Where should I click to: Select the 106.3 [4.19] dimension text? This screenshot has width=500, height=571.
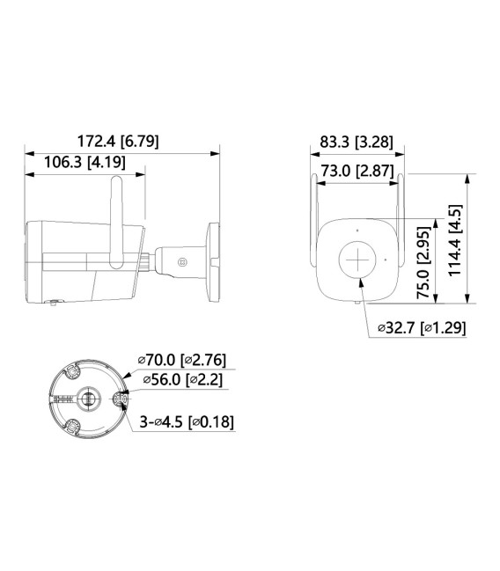click(84, 162)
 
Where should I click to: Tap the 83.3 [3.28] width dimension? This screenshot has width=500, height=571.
click(357, 141)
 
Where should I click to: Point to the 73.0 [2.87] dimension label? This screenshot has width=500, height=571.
click(357, 172)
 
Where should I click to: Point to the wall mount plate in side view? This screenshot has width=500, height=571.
click(212, 260)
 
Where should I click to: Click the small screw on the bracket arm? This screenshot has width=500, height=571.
click(181, 261)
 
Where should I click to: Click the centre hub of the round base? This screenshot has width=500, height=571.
click(88, 398)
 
